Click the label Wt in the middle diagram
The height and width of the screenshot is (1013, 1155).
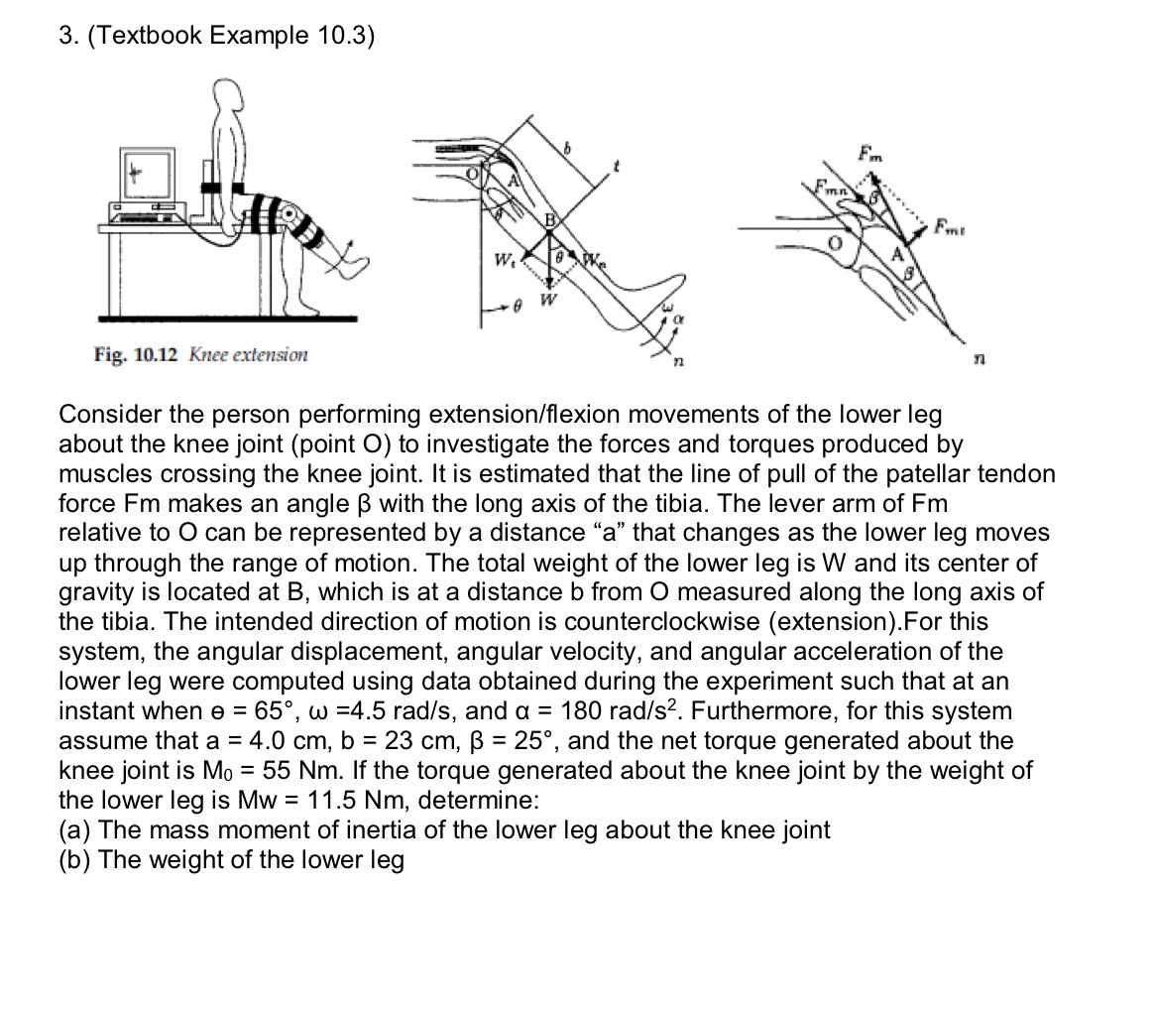(506, 263)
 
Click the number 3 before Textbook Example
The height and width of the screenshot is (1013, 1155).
(64, 37)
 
